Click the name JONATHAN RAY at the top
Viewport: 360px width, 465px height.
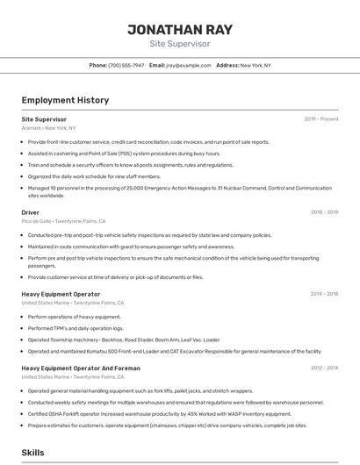coord(180,29)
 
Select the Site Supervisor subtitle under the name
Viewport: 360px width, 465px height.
coord(180,43)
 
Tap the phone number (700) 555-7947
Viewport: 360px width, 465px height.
coord(126,66)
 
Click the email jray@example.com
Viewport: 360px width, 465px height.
coord(183,66)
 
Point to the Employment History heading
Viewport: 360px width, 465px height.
coord(65,100)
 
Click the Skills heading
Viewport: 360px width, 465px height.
coord(33,452)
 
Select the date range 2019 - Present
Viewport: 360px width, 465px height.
coord(320,118)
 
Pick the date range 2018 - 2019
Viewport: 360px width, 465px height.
coord(324,211)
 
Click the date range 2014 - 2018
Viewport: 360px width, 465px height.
coord(324,294)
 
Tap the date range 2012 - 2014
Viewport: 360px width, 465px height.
coord(324,368)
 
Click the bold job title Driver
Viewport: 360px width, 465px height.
coord(31,211)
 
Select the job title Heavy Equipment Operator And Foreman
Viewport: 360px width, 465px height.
coord(81,368)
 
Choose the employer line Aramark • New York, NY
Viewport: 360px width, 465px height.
coord(48,127)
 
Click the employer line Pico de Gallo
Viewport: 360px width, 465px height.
coord(37,221)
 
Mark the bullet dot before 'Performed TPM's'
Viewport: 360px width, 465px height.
coord(23,327)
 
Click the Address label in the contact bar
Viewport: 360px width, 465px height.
coord(227,66)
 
